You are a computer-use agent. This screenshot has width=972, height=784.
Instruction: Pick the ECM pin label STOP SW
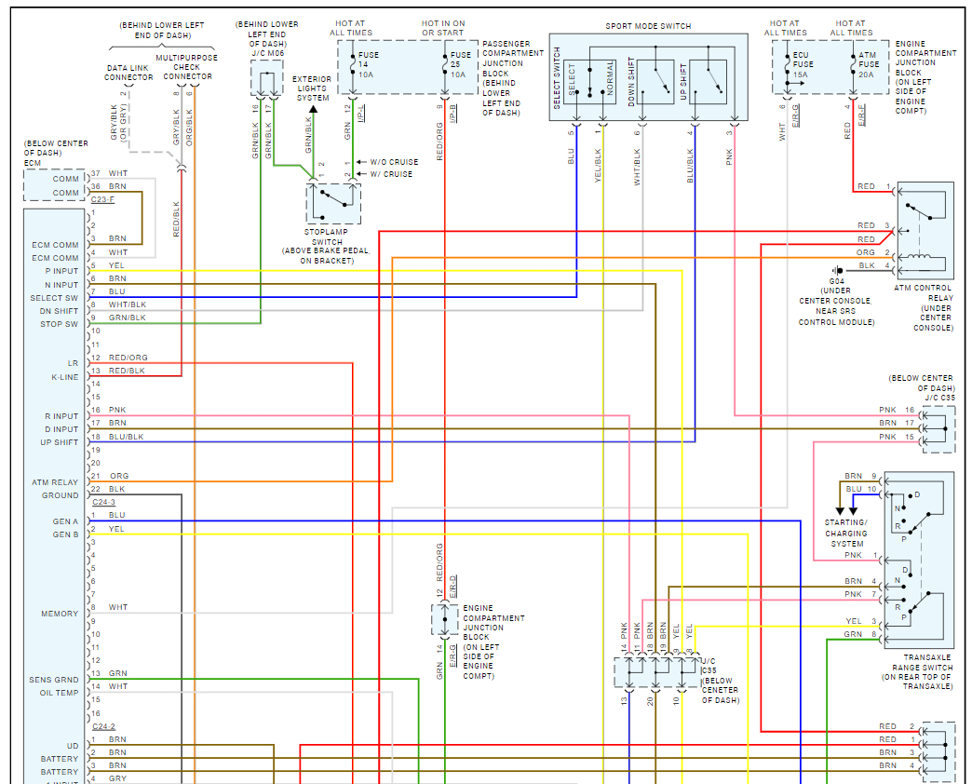(x=60, y=324)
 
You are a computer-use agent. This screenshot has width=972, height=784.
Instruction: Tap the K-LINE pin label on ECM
(x=64, y=377)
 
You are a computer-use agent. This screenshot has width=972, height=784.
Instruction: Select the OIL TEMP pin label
(x=59, y=693)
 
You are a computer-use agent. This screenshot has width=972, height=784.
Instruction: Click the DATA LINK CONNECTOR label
(x=128, y=73)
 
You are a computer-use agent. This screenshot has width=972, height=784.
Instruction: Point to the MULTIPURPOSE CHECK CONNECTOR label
(x=187, y=67)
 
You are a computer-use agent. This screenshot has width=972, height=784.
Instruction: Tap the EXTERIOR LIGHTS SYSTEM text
(x=312, y=88)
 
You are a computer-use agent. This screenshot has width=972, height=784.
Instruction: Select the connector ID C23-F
(x=103, y=199)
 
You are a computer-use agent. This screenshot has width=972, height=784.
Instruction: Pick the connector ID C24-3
(x=103, y=502)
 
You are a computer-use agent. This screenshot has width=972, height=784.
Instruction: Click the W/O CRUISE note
(x=394, y=162)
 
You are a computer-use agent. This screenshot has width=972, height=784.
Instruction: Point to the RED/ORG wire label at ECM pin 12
(x=128, y=358)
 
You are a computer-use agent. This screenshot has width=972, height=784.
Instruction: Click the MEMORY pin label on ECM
(x=60, y=614)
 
